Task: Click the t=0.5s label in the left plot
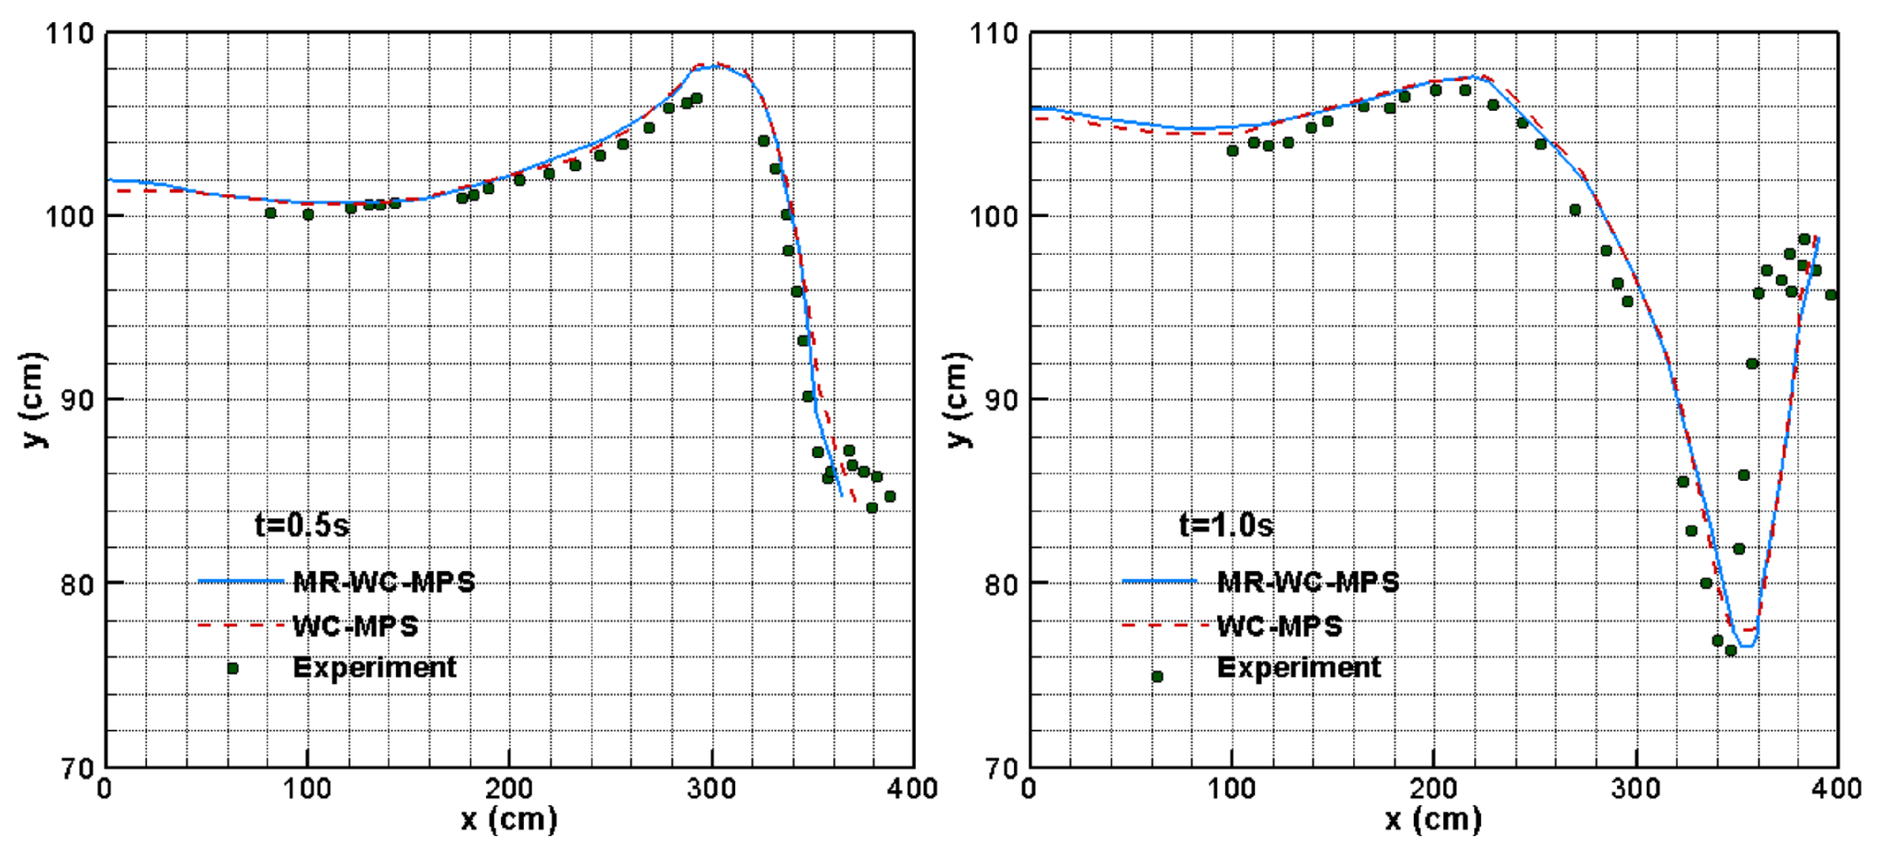(x=302, y=525)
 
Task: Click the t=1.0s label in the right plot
(x=1225, y=525)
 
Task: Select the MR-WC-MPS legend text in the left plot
(x=384, y=581)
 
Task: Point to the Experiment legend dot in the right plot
(x=1157, y=676)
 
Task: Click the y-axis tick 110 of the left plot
(x=70, y=33)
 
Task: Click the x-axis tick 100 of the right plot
(x=1232, y=788)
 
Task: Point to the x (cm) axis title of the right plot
(x=1433, y=820)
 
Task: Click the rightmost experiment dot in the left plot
(x=889, y=496)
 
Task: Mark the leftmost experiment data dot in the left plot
(x=271, y=213)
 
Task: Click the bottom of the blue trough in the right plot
(x=1747, y=646)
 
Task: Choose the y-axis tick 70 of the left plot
(x=77, y=768)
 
